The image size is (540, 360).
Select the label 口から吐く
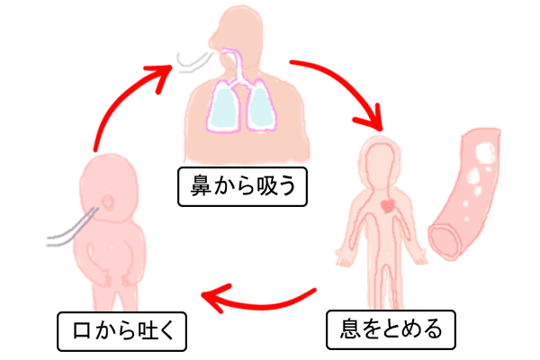pos(121,333)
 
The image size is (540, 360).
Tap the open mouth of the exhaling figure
pos(109,200)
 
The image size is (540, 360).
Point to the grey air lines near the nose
pos(191,59)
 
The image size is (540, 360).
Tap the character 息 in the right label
pos(342,328)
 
